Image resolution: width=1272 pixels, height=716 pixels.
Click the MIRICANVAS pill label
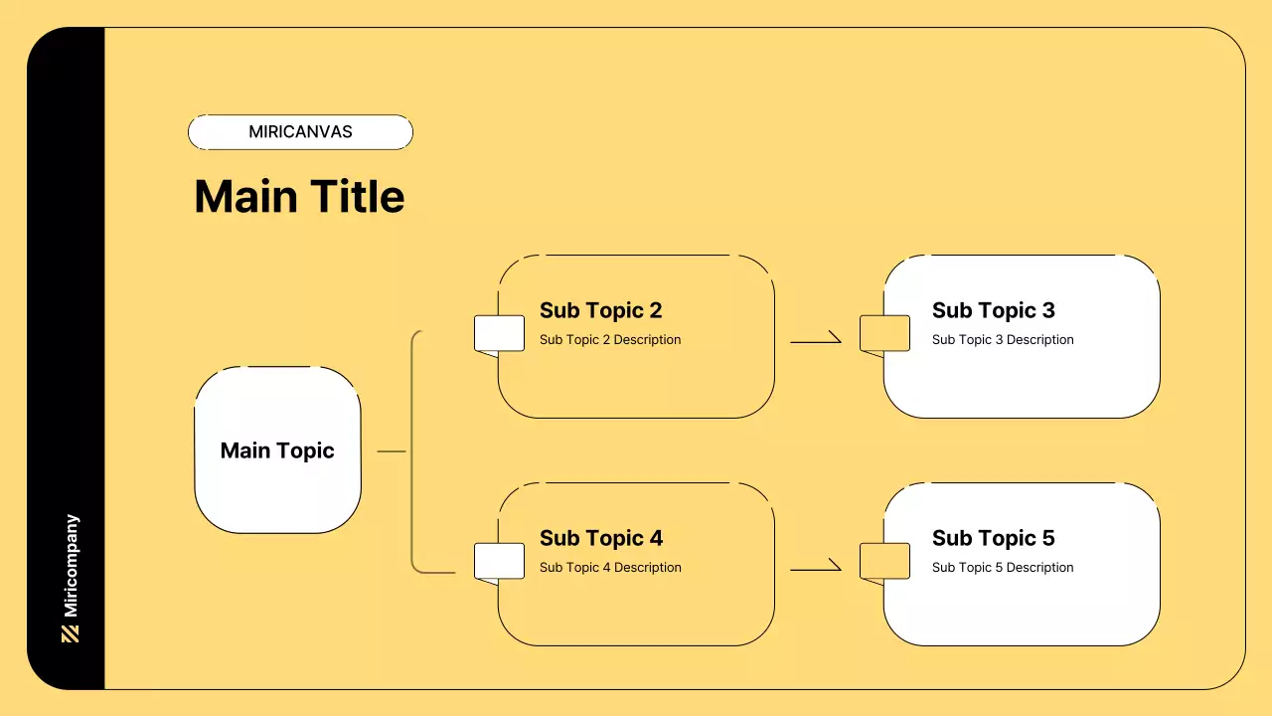pyautogui.click(x=300, y=132)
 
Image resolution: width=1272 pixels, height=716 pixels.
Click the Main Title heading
pyautogui.click(x=299, y=197)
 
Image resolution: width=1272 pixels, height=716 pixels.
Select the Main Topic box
pyautogui.click(x=277, y=450)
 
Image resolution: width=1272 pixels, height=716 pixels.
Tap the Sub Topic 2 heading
pyautogui.click(x=600, y=310)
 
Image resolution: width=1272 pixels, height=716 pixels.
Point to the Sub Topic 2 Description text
pyautogui.click(x=610, y=340)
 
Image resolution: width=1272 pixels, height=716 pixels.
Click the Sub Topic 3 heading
pyautogui.click(x=993, y=310)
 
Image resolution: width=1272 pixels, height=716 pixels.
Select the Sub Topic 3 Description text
pyautogui.click(x=1003, y=340)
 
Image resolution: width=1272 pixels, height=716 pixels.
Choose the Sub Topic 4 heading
pyautogui.click(x=600, y=538)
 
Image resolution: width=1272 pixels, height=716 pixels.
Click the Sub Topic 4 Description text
pyautogui.click(x=610, y=568)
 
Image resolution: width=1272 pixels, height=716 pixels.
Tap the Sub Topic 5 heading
pyautogui.click(x=993, y=538)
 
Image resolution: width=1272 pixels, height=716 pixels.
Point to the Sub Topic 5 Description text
pyautogui.click(x=1003, y=568)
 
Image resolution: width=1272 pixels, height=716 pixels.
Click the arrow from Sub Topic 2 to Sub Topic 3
pyautogui.click(x=816, y=341)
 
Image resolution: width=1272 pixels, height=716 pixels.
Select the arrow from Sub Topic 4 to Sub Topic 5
pyautogui.click(x=816, y=569)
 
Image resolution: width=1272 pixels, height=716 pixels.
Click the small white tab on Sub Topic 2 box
pyautogui.click(x=499, y=333)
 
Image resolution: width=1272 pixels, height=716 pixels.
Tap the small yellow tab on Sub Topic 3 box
pyautogui.click(x=884, y=333)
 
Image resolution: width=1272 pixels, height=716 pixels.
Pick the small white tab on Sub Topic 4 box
pyautogui.click(x=499, y=561)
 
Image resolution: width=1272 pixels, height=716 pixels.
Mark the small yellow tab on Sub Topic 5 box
pyautogui.click(x=884, y=561)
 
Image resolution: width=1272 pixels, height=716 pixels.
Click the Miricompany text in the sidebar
pyautogui.click(x=71, y=565)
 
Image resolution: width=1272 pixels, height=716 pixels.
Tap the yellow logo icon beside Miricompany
pyautogui.click(x=71, y=633)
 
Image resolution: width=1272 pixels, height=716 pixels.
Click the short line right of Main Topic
pyautogui.click(x=392, y=451)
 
